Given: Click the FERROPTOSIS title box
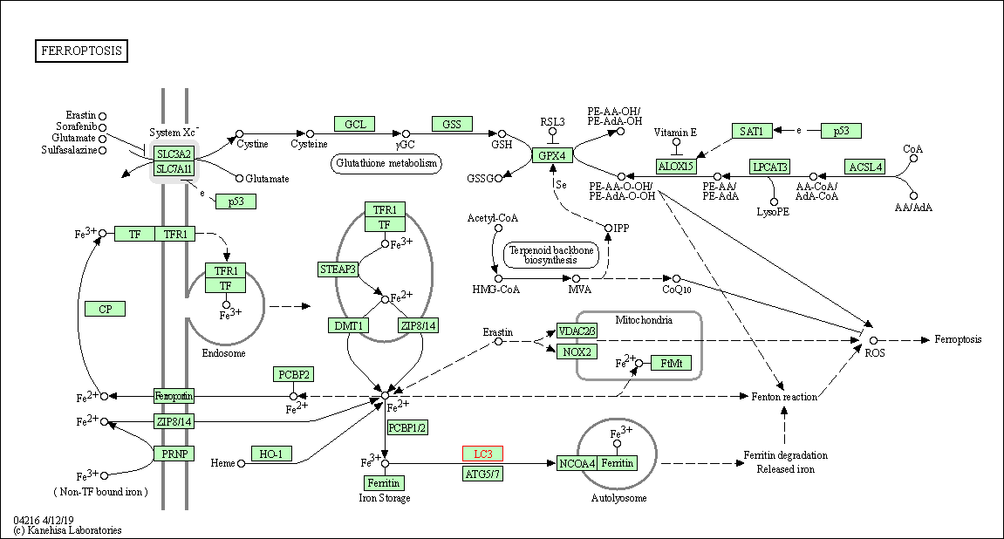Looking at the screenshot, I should pos(82,51).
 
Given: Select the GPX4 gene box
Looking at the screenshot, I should pos(552,156).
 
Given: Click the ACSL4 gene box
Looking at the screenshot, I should pos(864,167).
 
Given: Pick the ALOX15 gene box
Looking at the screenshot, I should pos(676,167).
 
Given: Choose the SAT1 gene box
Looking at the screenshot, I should pos(751,131).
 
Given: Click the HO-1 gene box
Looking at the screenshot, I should pos(271,454).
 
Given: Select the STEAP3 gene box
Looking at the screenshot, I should pos(338,269).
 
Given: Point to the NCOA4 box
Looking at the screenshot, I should pos(577,463).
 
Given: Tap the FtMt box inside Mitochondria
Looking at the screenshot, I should pos(671,363).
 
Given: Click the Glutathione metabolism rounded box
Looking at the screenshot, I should pos(386,163).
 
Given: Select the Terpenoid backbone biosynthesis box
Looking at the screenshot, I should pos(551,255).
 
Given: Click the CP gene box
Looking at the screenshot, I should pos(105,309).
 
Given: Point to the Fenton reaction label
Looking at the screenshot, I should pos(784,397).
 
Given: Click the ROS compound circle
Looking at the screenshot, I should pos(873,340).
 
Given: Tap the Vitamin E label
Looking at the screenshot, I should pos(676,132).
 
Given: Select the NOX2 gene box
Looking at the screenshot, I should pos(577,351).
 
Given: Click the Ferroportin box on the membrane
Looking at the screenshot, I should pos(174,396).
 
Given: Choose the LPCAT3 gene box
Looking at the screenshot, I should pos(770,167).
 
